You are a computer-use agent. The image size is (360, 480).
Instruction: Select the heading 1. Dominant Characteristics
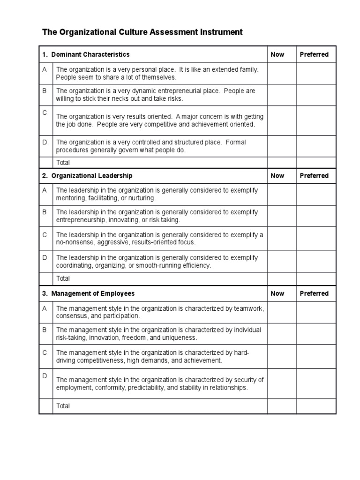pyautogui.click(x=86, y=54)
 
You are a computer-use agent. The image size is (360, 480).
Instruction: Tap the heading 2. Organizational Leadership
pyautogui.click(x=87, y=176)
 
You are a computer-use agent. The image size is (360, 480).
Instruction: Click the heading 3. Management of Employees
pyautogui.click(x=88, y=293)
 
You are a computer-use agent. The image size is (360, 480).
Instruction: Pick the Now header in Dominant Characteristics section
pyautogui.click(x=277, y=54)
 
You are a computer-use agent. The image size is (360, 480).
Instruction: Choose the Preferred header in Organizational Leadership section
pyautogui.click(x=314, y=176)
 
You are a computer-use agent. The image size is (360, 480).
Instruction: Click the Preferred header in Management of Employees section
pyautogui.click(x=314, y=293)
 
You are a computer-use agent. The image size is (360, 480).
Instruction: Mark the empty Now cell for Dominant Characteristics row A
pyautogui.click(x=281, y=73)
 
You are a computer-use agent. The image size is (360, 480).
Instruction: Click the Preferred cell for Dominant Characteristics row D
pyautogui.click(x=315, y=146)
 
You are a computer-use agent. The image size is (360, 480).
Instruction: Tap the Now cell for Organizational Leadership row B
pyautogui.click(x=281, y=216)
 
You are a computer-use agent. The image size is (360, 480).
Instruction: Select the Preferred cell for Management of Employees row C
pyautogui.click(x=315, y=357)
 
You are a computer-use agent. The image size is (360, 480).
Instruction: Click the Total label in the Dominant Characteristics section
pyautogui.click(x=63, y=163)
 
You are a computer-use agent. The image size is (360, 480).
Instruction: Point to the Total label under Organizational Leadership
pyautogui.click(x=63, y=278)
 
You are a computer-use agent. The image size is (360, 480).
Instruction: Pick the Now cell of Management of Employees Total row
pyautogui.click(x=281, y=406)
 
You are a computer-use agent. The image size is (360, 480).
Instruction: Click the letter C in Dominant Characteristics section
pyautogui.click(x=45, y=113)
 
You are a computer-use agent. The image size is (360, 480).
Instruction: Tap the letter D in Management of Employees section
pyautogui.click(x=45, y=375)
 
